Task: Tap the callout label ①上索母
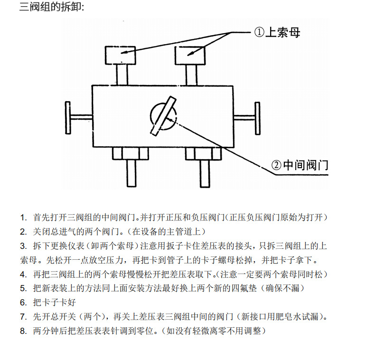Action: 277,33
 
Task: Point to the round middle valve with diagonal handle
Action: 163,115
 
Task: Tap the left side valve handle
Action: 69,117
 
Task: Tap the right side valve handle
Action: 257,116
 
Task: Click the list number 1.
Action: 23,218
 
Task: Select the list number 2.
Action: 23,232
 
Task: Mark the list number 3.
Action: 23,246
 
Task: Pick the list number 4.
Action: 23,275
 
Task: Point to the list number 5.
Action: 23,288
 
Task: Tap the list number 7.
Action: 23,317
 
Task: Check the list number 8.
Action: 23,331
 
